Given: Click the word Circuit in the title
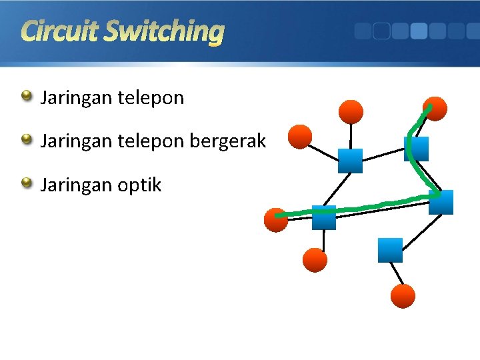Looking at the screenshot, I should pos(59,31).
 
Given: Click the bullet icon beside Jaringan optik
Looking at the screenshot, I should pos(27,183).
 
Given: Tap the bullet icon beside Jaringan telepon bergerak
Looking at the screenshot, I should pos(27,139).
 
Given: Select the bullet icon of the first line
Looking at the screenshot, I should pos(27,96).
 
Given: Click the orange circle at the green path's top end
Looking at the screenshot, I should pos(435,109).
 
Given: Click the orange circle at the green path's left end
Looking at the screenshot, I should pos(276,220).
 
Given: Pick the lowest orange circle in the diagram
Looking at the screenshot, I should pos(403,296).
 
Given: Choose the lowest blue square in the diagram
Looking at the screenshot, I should pos(390,250).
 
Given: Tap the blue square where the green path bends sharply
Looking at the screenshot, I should pos(441,202).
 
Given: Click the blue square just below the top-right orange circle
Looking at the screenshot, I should pos(417,149).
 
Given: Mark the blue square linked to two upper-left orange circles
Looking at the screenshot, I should pos(350,161).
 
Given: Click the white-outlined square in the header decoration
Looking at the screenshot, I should pos(381,31).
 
